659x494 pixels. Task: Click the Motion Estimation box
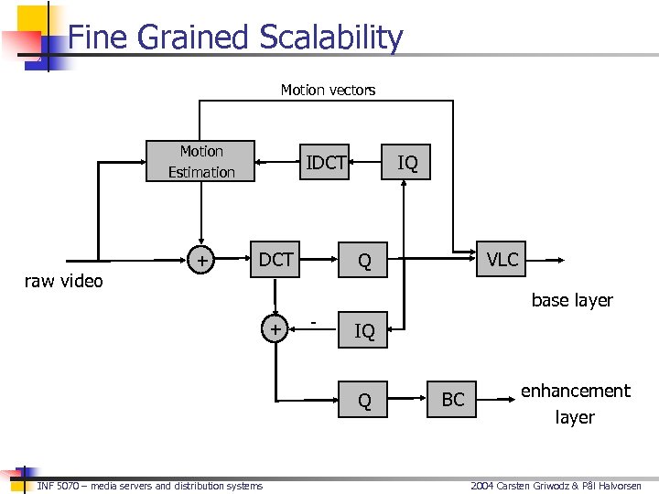click(x=201, y=162)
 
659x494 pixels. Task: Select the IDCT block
click(x=326, y=163)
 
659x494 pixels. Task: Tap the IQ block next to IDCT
click(x=407, y=164)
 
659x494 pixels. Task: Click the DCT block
click(x=275, y=260)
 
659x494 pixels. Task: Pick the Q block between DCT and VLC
click(x=364, y=262)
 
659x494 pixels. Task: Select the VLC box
click(x=502, y=260)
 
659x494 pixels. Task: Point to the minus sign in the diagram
click(x=314, y=322)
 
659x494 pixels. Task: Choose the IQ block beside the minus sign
click(x=364, y=331)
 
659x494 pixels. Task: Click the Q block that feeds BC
click(x=364, y=401)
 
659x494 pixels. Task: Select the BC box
click(x=453, y=400)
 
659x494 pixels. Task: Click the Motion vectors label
click(x=328, y=90)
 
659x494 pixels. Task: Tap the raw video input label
click(x=63, y=281)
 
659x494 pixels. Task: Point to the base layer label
click(x=572, y=300)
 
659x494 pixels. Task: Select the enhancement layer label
click(x=576, y=403)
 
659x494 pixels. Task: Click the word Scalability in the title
click(x=330, y=38)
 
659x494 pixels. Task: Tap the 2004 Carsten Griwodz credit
click(x=556, y=486)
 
